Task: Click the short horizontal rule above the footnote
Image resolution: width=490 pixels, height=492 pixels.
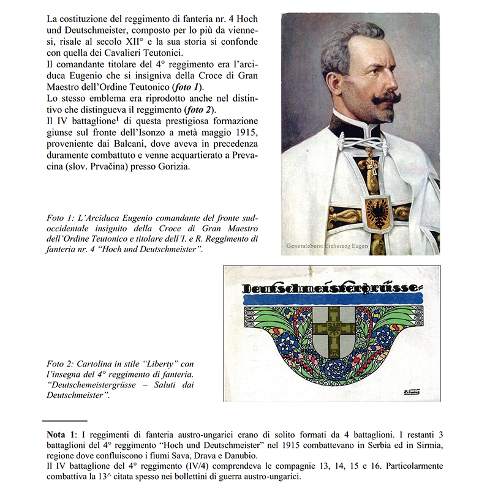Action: tap(64, 421)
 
